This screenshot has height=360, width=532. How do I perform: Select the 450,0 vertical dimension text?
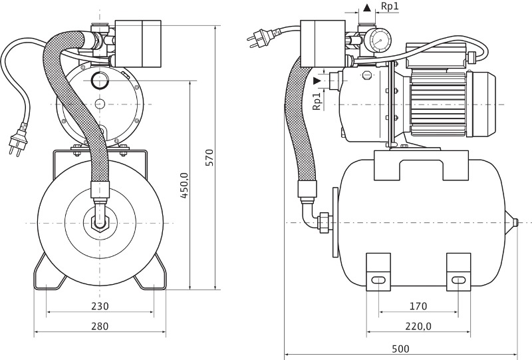[x=186, y=184]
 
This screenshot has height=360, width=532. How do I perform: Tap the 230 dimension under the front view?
[x=100, y=306]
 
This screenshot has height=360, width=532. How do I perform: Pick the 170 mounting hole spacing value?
[x=418, y=306]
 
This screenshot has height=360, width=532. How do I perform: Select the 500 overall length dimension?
[x=400, y=349]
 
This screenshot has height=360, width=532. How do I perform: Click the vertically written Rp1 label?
[x=318, y=101]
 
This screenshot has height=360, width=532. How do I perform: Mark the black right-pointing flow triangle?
[x=317, y=81]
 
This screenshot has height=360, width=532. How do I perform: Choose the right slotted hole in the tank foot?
[x=458, y=280]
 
